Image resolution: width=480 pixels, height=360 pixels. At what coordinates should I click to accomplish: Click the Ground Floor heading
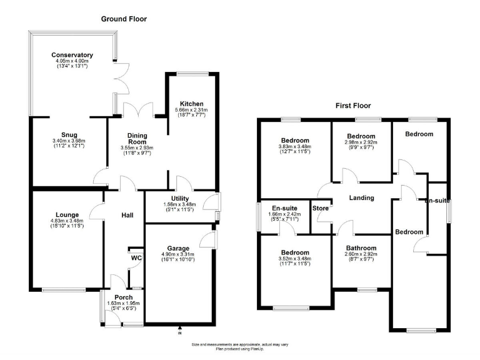(124, 19)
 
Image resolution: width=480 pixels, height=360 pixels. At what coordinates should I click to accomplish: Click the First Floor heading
(353, 106)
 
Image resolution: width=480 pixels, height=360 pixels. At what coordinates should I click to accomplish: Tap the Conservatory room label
(72, 55)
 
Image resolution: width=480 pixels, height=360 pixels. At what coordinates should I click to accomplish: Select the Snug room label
(69, 134)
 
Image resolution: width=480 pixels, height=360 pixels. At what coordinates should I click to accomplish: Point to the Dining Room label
(136, 139)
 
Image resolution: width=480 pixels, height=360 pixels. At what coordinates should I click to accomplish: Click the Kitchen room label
(191, 104)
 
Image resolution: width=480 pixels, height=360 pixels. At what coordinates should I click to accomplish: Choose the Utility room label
(181, 199)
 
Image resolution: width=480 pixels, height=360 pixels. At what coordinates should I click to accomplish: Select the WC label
(136, 257)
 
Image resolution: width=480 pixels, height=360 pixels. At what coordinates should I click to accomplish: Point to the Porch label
(123, 297)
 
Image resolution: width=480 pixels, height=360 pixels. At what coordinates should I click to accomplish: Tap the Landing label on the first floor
(361, 197)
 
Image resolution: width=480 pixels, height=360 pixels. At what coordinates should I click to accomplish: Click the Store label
(321, 208)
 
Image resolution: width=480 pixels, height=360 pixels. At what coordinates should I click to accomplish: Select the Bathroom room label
(361, 247)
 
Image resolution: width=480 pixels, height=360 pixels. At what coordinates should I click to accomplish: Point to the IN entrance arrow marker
(179, 327)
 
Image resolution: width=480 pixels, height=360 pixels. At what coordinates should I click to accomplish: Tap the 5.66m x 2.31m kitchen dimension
(191, 110)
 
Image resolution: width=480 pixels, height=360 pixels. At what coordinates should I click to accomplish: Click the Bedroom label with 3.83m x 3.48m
(294, 140)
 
